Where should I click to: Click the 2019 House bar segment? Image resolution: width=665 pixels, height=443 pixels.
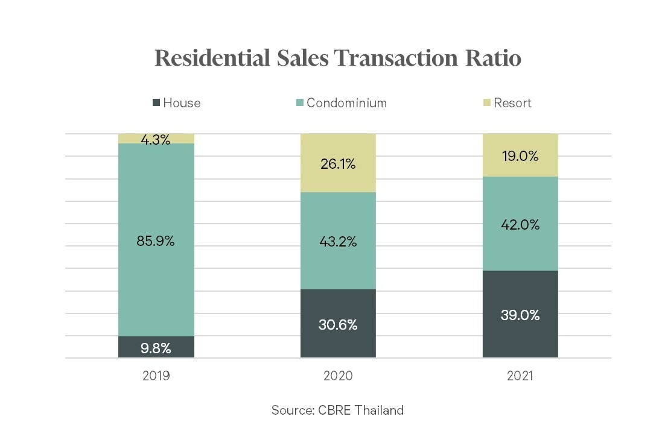[x=156, y=347]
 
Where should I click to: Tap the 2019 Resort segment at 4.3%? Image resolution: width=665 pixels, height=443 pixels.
[x=156, y=139]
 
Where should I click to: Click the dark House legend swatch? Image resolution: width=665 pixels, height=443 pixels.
[x=157, y=103]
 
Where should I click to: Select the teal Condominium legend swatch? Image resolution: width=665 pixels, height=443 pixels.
[x=299, y=103]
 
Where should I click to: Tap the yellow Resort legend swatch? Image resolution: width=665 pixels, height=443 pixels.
[x=487, y=103]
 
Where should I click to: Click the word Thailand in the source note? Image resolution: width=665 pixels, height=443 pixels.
[x=378, y=410]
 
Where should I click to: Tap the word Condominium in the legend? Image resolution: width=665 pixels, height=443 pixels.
[x=346, y=103]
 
